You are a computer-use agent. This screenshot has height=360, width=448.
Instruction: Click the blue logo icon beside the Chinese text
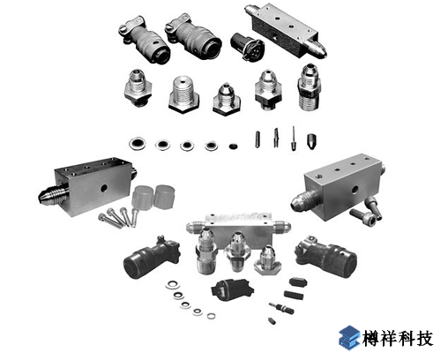(x=349, y=338)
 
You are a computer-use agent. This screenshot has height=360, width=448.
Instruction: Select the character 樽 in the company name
(x=371, y=339)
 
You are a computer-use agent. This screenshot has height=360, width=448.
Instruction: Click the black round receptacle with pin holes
(x=247, y=47)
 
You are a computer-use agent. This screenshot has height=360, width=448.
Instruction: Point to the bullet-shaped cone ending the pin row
(x=311, y=141)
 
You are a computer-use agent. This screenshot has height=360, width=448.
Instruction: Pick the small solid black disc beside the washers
(x=233, y=146)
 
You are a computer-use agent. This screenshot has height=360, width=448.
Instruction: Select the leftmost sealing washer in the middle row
(x=137, y=144)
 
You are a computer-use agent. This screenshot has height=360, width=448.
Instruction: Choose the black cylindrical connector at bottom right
(x=326, y=256)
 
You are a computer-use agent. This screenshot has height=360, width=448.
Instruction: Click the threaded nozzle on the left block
(x=53, y=194)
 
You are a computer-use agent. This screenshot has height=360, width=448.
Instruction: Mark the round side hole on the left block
(x=103, y=188)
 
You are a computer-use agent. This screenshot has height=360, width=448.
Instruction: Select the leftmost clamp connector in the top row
(x=144, y=40)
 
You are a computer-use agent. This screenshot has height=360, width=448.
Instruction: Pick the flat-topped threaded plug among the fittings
(x=183, y=94)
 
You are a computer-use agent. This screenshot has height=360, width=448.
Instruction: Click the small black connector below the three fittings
(x=232, y=289)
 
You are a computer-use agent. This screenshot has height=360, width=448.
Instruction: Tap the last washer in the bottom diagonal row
(x=211, y=316)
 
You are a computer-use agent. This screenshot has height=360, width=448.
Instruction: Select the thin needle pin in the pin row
(x=294, y=139)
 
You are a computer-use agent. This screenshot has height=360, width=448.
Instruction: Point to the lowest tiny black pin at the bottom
(x=273, y=320)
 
